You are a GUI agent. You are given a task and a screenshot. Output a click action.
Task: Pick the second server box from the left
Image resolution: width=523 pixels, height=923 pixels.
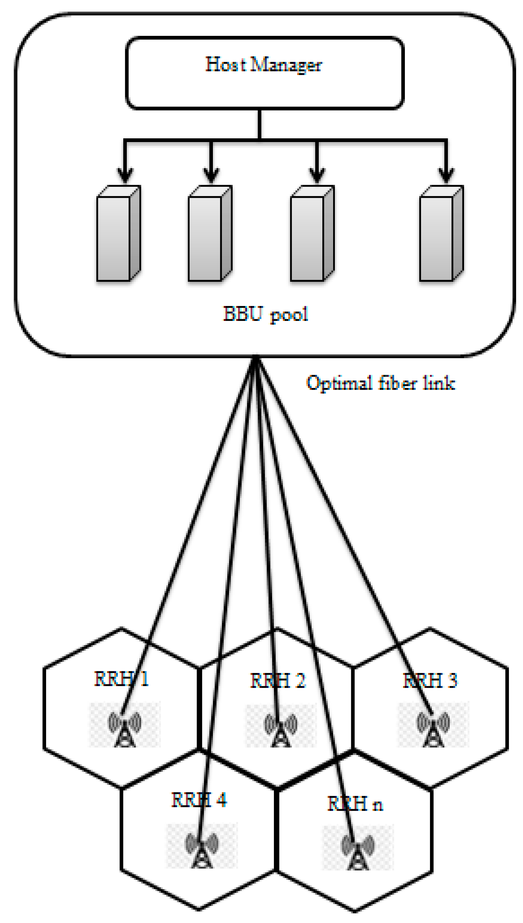point(210,234)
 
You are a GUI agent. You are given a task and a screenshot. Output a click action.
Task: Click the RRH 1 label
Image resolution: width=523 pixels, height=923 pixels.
point(121,679)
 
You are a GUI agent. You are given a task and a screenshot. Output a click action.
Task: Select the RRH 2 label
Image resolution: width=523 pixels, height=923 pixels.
point(278,680)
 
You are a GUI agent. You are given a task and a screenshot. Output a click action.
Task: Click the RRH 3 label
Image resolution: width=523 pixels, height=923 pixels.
point(430,680)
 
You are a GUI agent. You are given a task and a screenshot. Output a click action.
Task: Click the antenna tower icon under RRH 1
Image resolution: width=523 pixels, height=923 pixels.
point(125,729)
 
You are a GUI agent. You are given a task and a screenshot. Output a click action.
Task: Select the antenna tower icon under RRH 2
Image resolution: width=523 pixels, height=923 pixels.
point(281,729)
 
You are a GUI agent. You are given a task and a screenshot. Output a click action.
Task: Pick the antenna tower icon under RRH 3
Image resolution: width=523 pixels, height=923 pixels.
point(433,729)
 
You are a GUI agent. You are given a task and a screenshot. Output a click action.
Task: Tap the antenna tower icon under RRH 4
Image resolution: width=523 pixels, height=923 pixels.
point(202,850)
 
